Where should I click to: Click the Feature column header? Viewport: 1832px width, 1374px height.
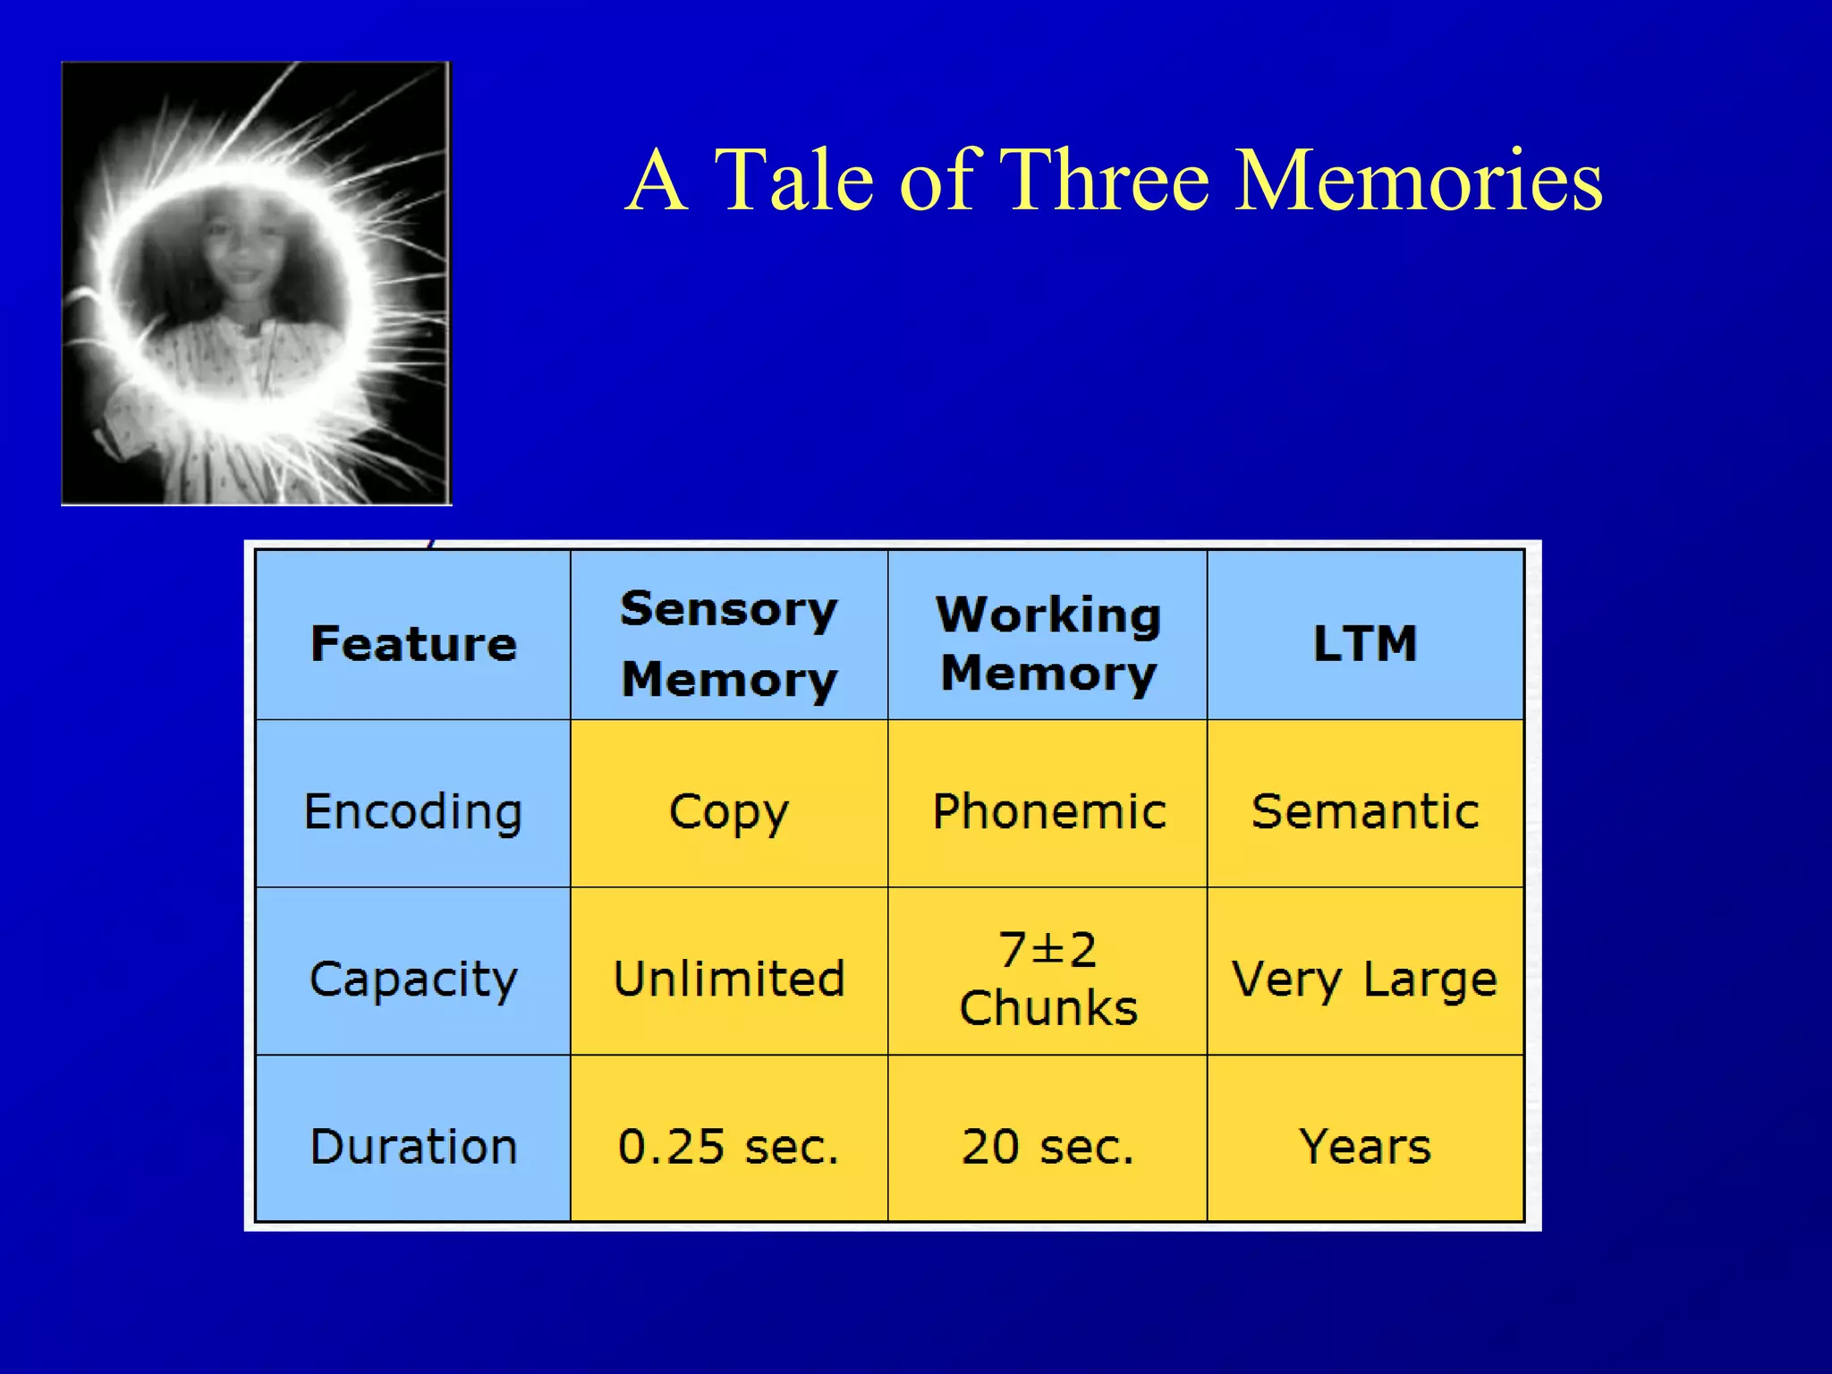click(x=413, y=644)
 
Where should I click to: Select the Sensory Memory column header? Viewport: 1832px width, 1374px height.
click(x=729, y=644)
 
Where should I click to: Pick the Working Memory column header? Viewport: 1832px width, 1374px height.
click(x=1047, y=644)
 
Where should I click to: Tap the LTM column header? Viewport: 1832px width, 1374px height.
click(x=1365, y=644)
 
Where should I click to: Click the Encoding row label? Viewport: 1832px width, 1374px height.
click(x=413, y=812)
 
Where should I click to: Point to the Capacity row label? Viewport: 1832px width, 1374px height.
click(x=413, y=979)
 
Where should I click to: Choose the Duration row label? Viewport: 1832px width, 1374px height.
click(x=413, y=1147)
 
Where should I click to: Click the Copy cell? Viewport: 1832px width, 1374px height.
click(x=729, y=812)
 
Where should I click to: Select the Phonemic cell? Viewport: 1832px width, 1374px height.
click(x=1048, y=812)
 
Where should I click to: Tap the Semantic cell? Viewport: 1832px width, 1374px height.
click(x=1365, y=812)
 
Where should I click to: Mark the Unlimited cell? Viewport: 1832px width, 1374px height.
click(x=729, y=979)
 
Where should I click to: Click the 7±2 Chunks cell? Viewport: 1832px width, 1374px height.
click(x=1047, y=979)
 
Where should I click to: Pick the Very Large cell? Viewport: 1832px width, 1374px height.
click(x=1365, y=979)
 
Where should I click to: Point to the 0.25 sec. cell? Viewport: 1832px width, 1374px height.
click(x=729, y=1147)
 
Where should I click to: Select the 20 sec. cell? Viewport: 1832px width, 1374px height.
click(x=1047, y=1147)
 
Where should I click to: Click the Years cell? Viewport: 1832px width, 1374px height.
click(x=1365, y=1147)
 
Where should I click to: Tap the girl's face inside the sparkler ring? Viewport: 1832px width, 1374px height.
click(x=240, y=255)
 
